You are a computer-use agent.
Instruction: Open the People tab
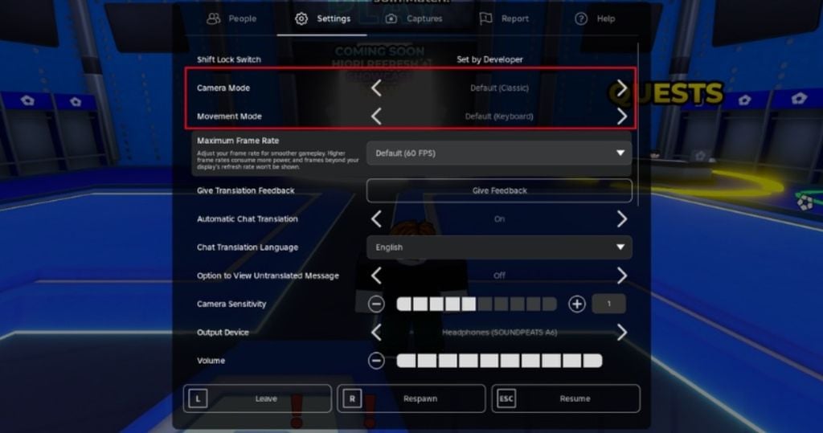click(x=231, y=18)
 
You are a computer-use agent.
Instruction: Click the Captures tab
click(x=414, y=18)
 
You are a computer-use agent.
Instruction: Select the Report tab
click(x=504, y=18)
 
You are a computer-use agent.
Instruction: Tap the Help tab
click(x=595, y=18)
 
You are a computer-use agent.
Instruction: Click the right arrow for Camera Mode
click(x=621, y=88)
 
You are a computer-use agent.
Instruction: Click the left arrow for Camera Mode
click(x=376, y=88)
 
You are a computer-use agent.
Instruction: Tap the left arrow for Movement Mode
click(x=376, y=116)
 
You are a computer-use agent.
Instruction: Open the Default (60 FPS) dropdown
click(x=499, y=153)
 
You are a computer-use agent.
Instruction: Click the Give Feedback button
click(x=499, y=190)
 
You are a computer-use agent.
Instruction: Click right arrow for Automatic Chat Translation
click(x=621, y=219)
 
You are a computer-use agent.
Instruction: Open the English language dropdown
click(x=499, y=247)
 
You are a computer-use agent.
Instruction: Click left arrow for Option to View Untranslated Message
click(x=376, y=276)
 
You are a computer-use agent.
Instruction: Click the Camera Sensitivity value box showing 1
click(x=608, y=304)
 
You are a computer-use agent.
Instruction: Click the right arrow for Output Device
click(x=621, y=332)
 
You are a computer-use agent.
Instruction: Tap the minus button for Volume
click(x=376, y=361)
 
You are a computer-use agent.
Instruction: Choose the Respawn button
click(x=411, y=398)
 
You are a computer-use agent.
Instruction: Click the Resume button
click(x=566, y=398)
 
